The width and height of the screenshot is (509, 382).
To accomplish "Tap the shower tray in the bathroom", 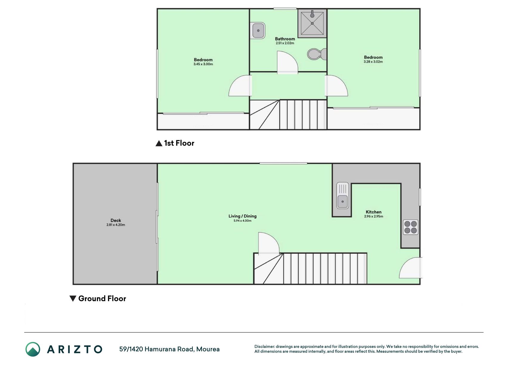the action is click(312, 23).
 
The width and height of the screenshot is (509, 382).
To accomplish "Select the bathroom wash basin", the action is click(258, 30).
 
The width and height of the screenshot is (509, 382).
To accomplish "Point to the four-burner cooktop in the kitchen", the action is click(411, 227).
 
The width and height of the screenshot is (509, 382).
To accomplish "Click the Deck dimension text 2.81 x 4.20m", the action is click(116, 225).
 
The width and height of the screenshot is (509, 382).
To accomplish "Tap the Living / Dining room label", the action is click(242, 216).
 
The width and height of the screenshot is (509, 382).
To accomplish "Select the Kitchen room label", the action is click(374, 212).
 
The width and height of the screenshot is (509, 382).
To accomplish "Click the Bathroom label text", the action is click(285, 39).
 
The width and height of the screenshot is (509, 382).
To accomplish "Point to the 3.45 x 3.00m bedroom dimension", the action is click(203, 64).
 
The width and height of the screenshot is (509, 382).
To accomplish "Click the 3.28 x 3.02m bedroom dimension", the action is click(373, 62).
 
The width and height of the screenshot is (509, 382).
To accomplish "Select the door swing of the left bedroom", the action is click(240, 86).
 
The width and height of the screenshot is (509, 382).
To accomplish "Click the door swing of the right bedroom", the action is click(336, 86).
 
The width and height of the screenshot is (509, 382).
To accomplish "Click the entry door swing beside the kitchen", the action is click(411, 268).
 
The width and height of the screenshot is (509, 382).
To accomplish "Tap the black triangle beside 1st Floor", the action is click(159, 144).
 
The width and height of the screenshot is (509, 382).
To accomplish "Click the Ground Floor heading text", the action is click(102, 298).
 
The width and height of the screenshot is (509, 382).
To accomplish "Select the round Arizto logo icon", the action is click(33, 349).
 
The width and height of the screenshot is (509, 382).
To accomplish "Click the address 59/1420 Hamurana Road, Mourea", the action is click(169, 349).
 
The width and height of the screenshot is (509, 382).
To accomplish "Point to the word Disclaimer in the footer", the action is click(264, 346).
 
